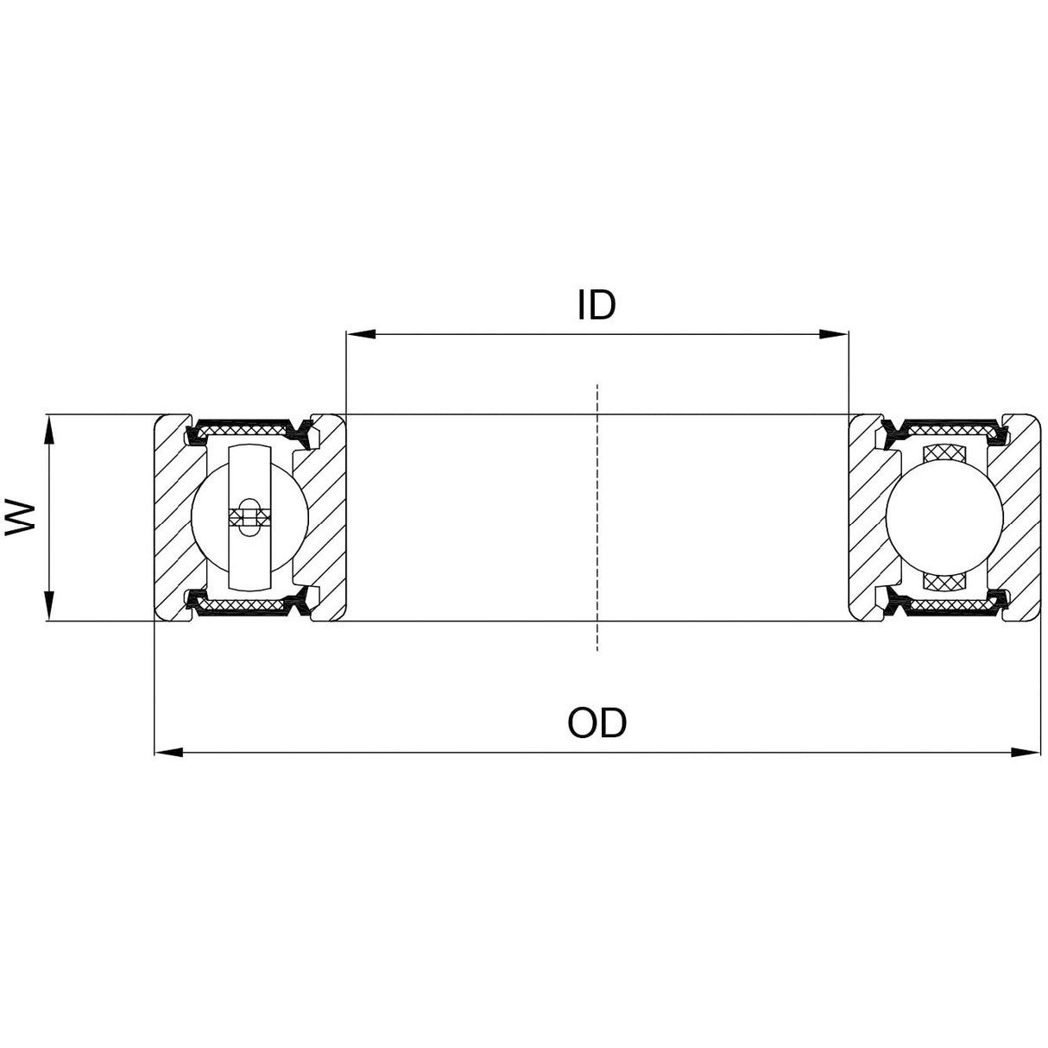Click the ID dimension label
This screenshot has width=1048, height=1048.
pyautogui.click(x=597, y=305)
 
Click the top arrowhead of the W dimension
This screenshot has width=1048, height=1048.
pyautogui.click(x=50, y=428)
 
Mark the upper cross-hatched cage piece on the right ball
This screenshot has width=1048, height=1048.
pyautogui.click(x=944, y=455)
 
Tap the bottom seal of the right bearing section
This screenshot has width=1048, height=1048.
pyautogui.click(x=944, y=608)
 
